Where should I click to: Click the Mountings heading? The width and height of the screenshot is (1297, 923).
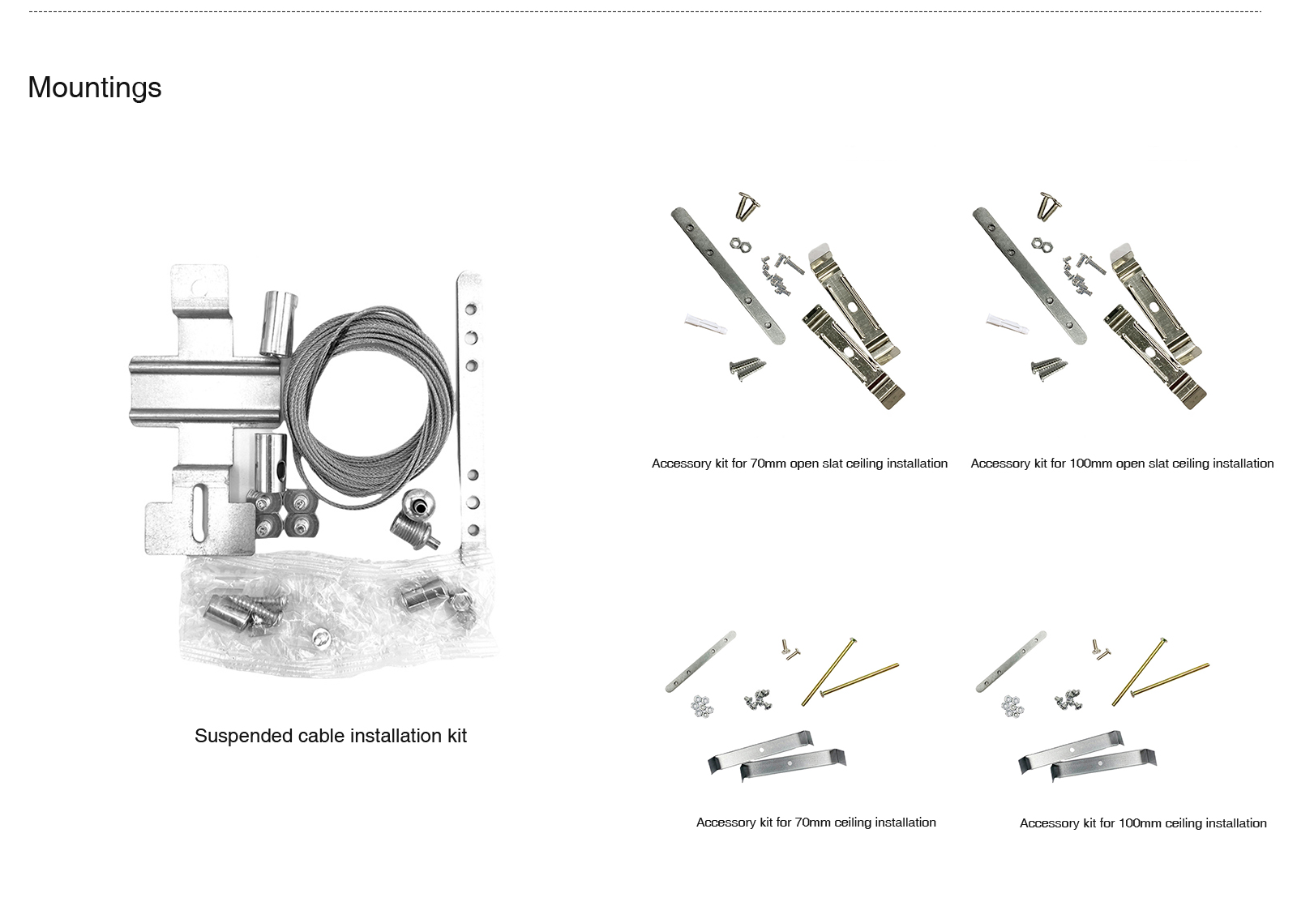[x=94, y=88]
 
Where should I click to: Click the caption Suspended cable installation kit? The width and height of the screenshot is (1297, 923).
[x=331, y=736]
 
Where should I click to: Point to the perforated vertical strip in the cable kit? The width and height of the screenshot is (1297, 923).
[x=470, y=417]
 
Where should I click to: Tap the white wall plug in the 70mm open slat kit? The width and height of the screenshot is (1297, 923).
[x=706, y=324]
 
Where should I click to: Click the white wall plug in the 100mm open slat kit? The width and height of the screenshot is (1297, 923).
[x=1008, y=324]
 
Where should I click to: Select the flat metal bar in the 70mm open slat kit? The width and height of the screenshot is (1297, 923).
[x=728, y=276]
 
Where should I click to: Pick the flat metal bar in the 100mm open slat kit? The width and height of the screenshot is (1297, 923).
[x=1029, y=276]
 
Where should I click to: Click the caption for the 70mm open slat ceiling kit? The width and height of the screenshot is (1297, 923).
[x=799, y=464]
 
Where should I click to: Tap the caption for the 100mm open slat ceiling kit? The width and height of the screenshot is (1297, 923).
[x=1122, y=464]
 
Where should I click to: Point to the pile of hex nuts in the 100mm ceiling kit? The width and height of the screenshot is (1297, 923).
[x=1012, y=706]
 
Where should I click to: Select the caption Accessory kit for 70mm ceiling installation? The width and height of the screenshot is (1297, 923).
[x=815, y=823]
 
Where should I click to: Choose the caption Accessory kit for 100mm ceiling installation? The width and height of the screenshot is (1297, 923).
[x=1143, y=823]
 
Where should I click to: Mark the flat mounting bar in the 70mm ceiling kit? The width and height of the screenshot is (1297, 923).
[x=700, y=661]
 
